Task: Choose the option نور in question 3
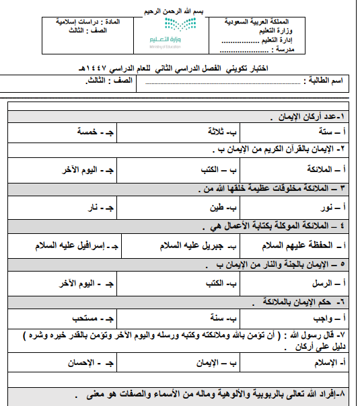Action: tap(329, 207)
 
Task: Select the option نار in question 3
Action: tap(98, 207)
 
